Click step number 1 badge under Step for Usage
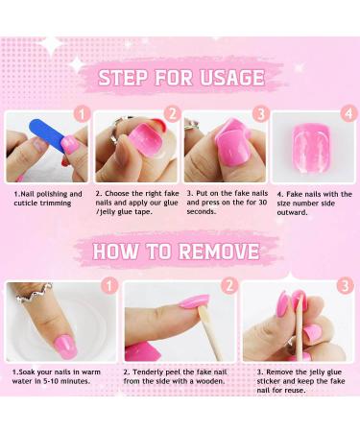[83, 113]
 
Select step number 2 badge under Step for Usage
[172, 113]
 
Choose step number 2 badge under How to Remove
[229, 285]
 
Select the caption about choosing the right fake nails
[134, 203]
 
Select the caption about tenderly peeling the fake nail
[178, 376]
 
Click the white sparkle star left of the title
[75, 64]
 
